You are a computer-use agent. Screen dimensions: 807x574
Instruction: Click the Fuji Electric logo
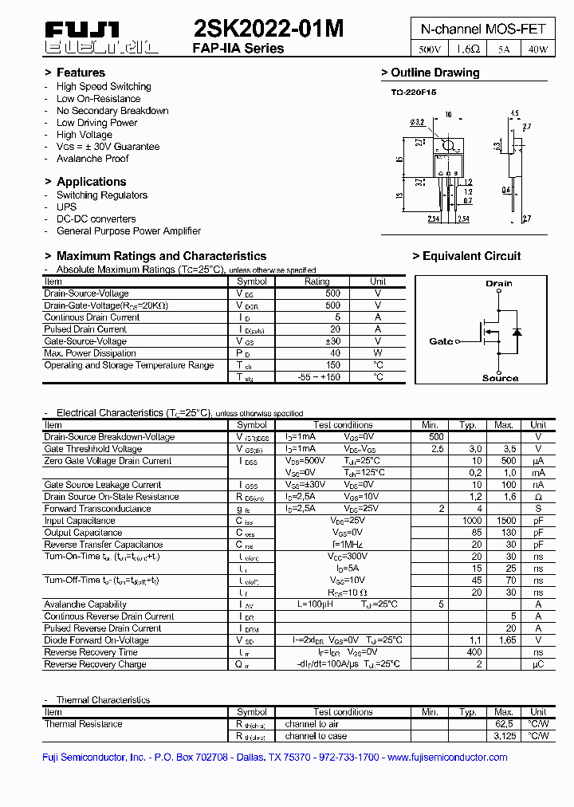[101, 38]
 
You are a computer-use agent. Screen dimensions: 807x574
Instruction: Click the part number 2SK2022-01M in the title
[269, 30]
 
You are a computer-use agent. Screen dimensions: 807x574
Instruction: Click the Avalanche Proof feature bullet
[92, 159]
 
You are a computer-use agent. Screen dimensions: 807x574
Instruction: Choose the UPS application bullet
[66, 207]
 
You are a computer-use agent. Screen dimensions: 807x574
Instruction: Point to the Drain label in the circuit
[499, 283]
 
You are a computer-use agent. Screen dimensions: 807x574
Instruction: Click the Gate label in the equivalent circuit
[441, 341]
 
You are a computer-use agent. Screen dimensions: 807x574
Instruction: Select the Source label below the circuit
[500, 378]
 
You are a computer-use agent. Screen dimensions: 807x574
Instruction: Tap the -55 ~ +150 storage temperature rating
[316, 377]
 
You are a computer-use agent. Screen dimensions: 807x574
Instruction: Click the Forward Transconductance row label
[97, 509]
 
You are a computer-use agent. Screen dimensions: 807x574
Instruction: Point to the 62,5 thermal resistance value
[503, 724]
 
